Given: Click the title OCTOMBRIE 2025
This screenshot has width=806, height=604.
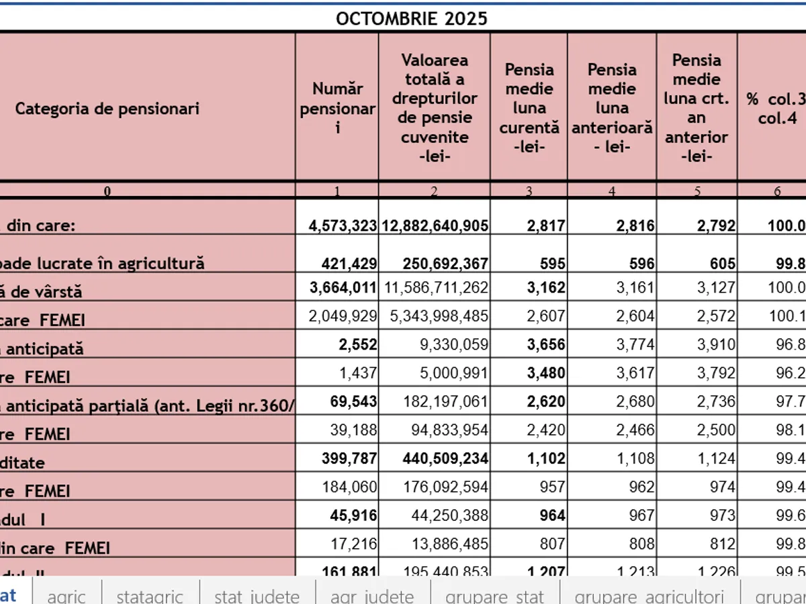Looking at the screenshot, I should coord(412,18).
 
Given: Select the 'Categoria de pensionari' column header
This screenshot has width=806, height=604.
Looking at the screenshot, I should coord(107,108).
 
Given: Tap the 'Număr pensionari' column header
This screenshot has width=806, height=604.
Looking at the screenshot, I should coord(337,108).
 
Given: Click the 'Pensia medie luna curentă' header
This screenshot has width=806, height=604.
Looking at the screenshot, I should coord(529,108).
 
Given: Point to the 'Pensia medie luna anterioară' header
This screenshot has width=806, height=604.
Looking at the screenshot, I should coord(612,108).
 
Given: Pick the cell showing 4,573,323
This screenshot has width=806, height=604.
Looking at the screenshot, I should coord(343,226).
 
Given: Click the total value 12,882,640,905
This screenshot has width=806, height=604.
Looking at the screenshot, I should coord(435,226).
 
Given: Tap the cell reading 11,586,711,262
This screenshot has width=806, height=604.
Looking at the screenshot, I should coord(436,291).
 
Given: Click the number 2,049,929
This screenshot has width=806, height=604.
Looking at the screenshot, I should coord(343,320).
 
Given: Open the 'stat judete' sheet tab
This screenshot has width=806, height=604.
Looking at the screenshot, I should coord(257,595).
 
